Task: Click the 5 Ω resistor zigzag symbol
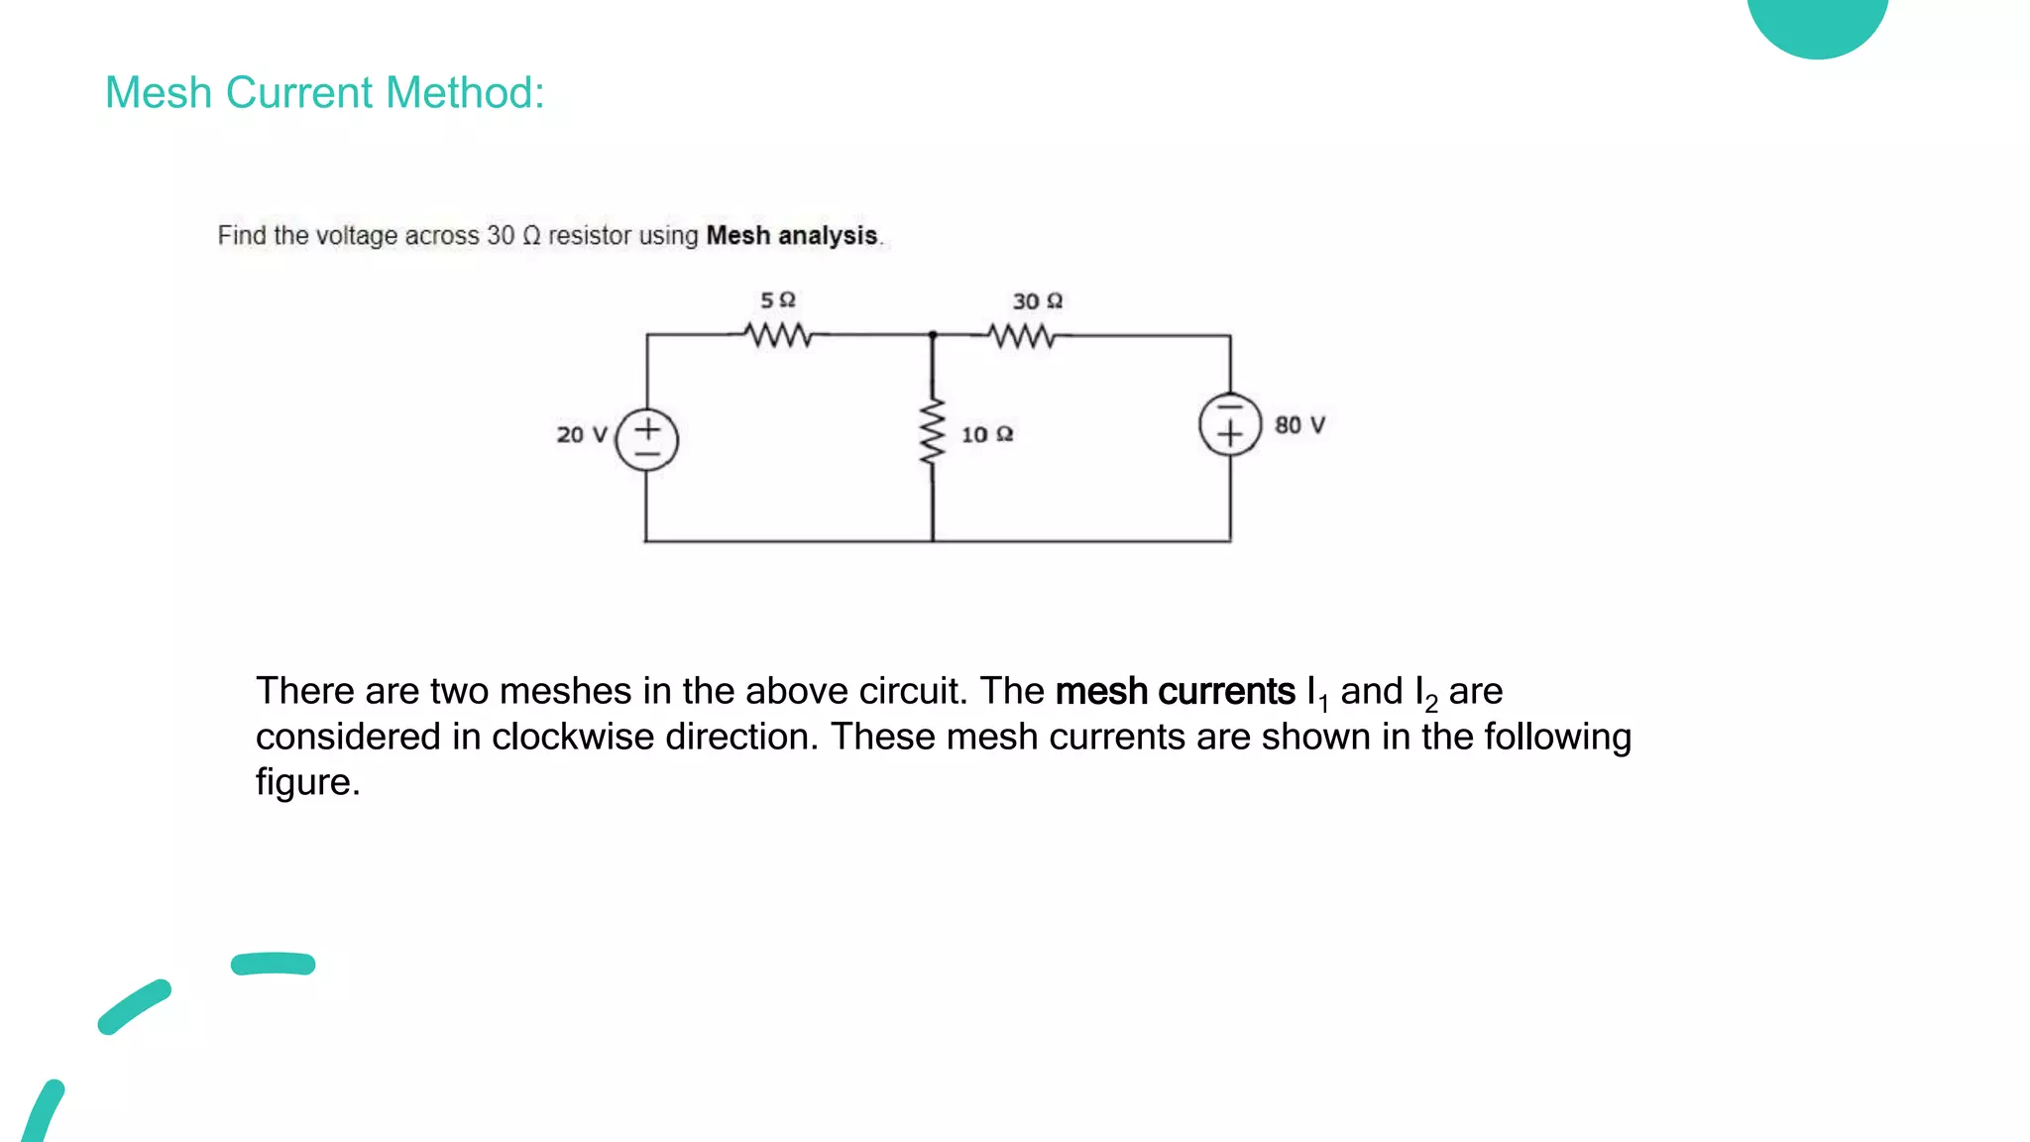[779, 336]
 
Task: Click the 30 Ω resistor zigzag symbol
[1022, 337]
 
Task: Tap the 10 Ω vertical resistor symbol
[932, 432]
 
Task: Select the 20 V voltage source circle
[646, 439]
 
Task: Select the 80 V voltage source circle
[1230, 424]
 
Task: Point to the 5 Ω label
[778, 299]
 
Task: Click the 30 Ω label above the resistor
[1037, 300]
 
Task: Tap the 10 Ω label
[986, 434]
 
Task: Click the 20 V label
[581, 434]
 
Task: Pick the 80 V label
[1299, 425]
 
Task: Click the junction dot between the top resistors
[933, 335]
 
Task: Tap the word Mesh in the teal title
[159, 93]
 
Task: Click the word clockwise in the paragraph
[573, 737]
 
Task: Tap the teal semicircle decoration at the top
[1817, 25]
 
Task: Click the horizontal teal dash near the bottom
[273, 964]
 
